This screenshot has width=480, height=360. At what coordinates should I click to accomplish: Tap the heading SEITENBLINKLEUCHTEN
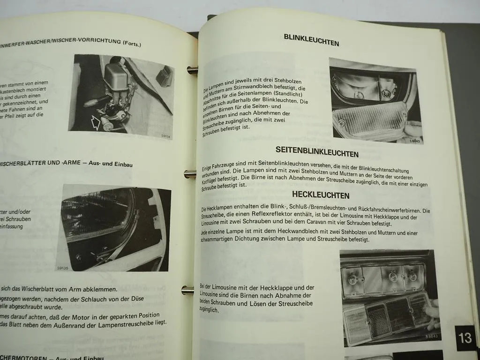317,154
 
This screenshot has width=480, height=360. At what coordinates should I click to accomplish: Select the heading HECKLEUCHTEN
320,195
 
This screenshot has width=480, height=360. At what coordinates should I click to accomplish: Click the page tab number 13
465,338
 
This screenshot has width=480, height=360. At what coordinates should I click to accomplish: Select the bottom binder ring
187,290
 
